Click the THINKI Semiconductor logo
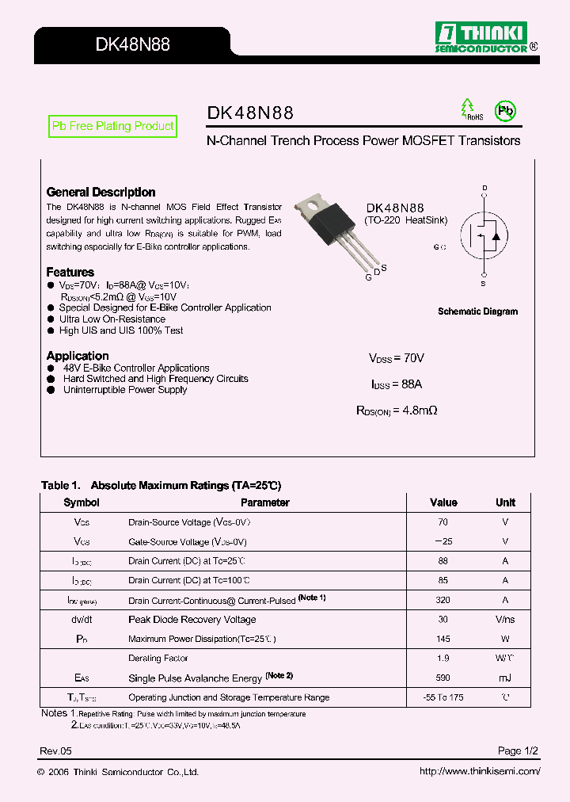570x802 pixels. click(487, 37)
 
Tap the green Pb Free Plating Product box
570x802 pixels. click(112, 126)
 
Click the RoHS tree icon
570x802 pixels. click(469, 110)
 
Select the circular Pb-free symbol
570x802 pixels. click(504, 111)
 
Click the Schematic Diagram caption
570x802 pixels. click(477, 311)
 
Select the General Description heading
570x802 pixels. click(101, 192)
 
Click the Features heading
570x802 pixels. click(70, 272)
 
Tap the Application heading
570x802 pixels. click(78, 356)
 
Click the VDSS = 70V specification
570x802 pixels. click(397, 358)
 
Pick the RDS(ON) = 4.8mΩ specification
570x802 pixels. click(397, 411)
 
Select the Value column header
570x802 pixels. click(443, 502)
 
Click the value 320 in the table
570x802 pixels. click(443, 601)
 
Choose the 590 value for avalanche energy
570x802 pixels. click(443, 678)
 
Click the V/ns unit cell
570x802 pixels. click(505, 620)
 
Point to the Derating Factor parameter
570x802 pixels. click(158, 659)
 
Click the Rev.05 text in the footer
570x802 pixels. click(55, 750)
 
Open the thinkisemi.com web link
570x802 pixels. click(480, 772)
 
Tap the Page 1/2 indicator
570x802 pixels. click(519, 750)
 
